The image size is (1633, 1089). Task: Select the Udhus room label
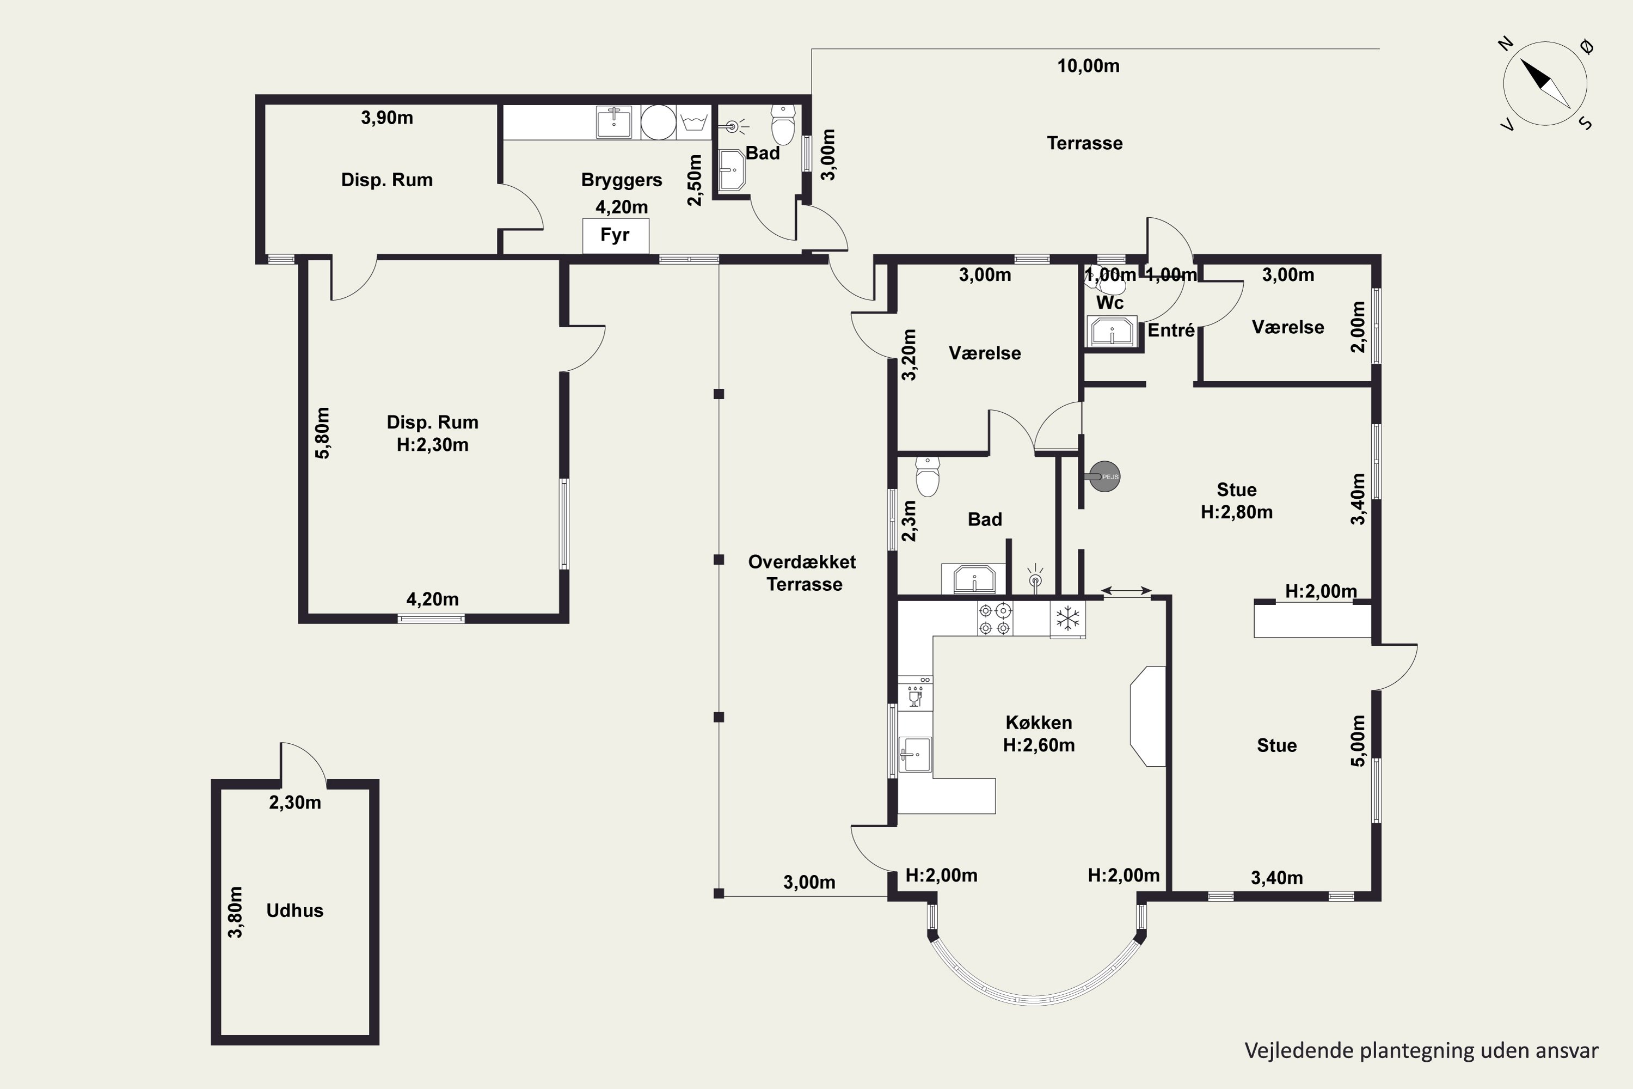(x=295, y=910)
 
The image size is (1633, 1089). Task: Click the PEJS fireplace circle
(x=1104, y=476)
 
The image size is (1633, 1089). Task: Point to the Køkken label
(x=1039, y=723)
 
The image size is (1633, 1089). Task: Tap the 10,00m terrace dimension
(x=1088, y=66)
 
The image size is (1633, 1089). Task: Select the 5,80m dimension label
(x=323, y=433)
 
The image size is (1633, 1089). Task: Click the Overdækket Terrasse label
(x=802, y=573)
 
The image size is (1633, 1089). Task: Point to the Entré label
(x=1171, y=331)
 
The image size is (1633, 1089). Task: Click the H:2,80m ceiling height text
(x=1237, y=512)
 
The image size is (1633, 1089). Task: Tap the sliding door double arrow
(x=1126, y=591)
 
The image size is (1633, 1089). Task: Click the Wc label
(x=1109, y=303)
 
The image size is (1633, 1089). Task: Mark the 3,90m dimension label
(x=386, y=118)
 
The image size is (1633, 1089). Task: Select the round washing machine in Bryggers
(x=658, y=122)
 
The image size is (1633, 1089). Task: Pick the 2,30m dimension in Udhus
(x=295, y=803)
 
